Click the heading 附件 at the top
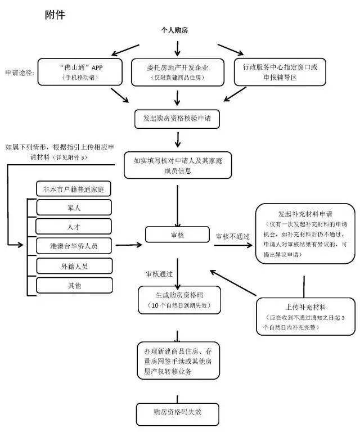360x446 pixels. coord(55,15)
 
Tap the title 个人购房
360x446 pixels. coord(174,30)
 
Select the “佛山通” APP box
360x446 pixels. coord(80,72)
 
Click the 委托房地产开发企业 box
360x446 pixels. coord(178,72)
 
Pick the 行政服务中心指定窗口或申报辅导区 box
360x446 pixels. coord(280,72)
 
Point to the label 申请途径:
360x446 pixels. coord(20,73)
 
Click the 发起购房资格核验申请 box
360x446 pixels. coord(177,119)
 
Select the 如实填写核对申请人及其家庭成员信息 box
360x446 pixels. coord(178,165)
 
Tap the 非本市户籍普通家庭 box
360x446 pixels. coord(74,189)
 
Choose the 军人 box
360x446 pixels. coord(74,208)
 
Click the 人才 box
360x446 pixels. coord(74,227)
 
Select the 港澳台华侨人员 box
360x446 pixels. coord(74,246)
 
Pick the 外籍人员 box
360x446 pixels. coord(74,266)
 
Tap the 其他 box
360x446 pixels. coord(74,285)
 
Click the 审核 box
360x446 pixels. coord(177,235)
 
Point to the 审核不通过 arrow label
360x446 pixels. coord(232,236)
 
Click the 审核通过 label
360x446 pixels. coord(159,274)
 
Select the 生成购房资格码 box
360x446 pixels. coord(179,300)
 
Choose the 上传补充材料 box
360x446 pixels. coord(305,317)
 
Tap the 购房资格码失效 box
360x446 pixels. coord(178,415)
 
